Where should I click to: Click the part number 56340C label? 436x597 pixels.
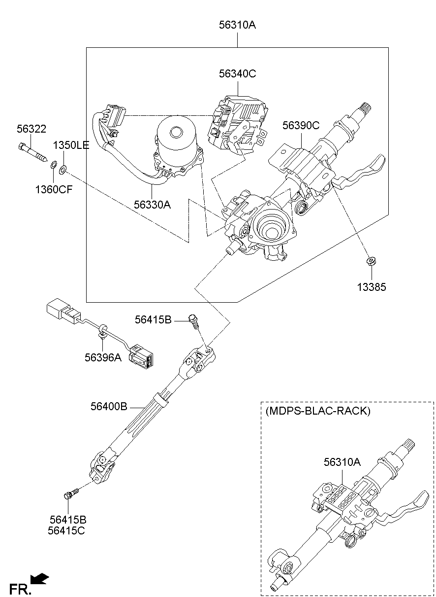pos(238,73)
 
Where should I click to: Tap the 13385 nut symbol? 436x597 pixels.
pos(372,261)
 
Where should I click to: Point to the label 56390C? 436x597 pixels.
pos(300,125)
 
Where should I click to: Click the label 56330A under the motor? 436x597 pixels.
pos(152,204)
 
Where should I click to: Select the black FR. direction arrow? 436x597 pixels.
pos(40,578)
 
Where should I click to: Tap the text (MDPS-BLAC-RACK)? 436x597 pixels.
pos(317,411)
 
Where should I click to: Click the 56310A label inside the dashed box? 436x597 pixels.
pos(342,462)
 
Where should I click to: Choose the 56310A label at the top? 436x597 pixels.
pos(237,25)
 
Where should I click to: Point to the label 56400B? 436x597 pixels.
pos(109,407)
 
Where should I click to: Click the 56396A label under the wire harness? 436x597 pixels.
pos(103,357)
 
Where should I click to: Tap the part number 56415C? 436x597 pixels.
pos(68,530)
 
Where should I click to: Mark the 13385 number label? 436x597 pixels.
pos(372,287)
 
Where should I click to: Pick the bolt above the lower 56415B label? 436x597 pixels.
pos(71,493)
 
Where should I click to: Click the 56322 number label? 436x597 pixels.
pos(31,129)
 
